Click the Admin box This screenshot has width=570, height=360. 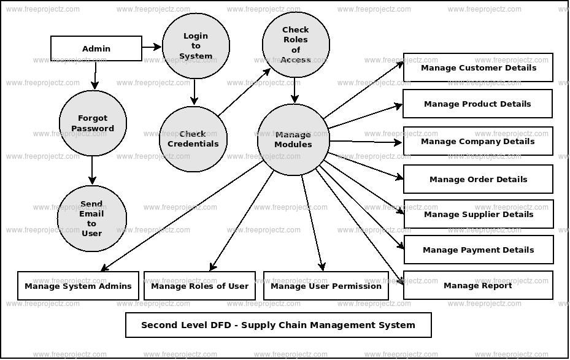[96, 48]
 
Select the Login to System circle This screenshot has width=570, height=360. [196, 46]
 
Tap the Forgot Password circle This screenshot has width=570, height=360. [93, 123]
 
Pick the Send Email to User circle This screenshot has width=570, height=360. [91, 218]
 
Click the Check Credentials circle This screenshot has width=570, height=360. [193, 139]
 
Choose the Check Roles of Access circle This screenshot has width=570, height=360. [295, 45]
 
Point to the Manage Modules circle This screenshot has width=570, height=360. [293, 140]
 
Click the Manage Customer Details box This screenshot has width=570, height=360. [478, 67]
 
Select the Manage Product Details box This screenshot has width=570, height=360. [477, 104]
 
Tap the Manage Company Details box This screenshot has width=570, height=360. [477, 141]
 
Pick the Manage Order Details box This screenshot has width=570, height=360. [478, 179]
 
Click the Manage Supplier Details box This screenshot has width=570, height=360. [478, 214]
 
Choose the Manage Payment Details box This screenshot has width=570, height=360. [478, 250]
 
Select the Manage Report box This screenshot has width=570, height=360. [477, 285]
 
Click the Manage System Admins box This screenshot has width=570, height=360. [78, 286]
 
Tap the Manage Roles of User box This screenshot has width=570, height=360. [199, 286]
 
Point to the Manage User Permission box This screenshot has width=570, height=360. [326, 286]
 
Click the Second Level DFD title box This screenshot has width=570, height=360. [278, 325]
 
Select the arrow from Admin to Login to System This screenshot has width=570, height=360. [152, 47]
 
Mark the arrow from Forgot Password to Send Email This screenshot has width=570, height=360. [92, 170]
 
